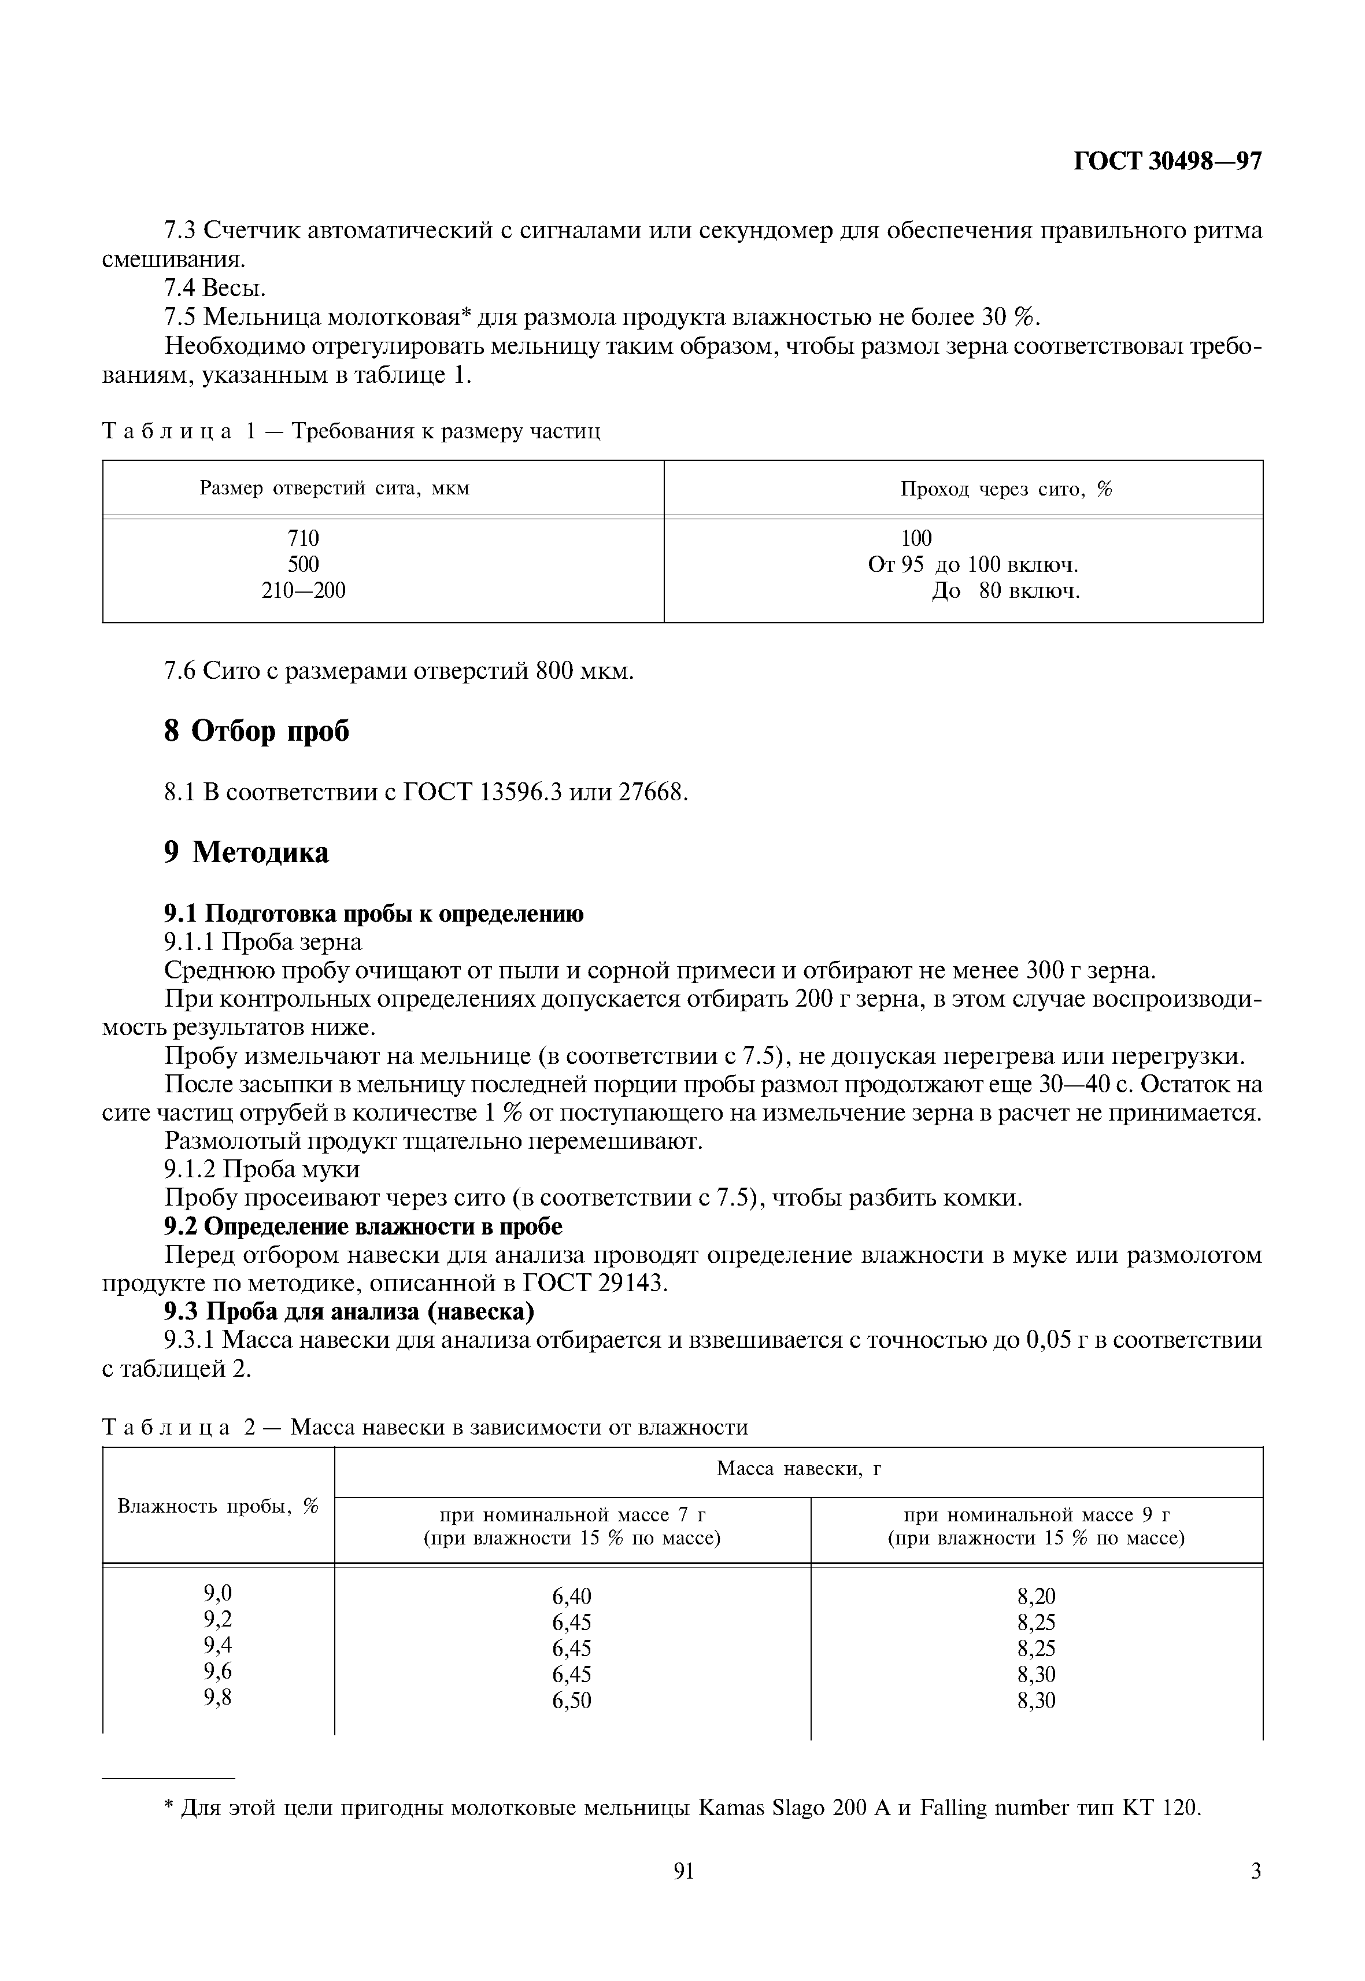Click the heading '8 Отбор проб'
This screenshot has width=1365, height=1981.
(x=257, y=731)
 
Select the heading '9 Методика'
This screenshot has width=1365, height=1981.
(x=246, y=853)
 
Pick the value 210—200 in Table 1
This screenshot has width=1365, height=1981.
(x=303, y=590)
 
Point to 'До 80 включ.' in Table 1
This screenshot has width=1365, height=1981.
(x=1006, y=591)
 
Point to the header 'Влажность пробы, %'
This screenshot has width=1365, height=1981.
(x=217, y=1506)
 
